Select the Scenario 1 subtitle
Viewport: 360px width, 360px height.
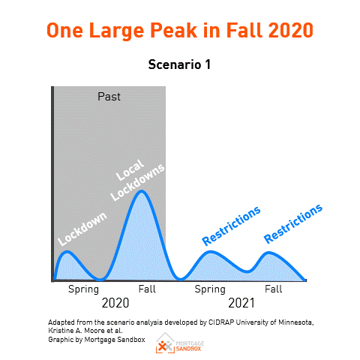tap(180, 64)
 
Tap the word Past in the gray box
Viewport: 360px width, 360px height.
tap(109, 97)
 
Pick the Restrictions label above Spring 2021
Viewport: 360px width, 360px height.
tap(232, 225)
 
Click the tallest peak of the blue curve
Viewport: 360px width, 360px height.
tap(142, 191)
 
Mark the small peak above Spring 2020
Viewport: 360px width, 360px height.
tap(67, 252)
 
